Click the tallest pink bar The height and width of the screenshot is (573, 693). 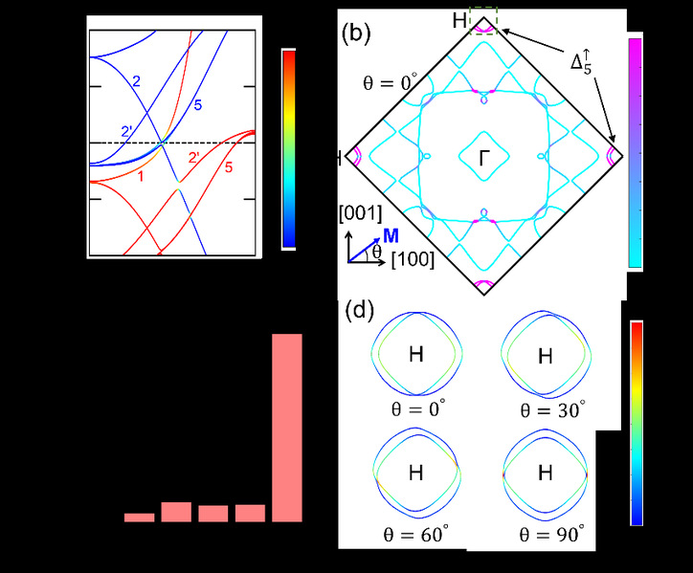[x=287, y=428]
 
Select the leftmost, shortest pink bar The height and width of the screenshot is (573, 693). [x=139, y=518]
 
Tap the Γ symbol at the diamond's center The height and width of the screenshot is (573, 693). [x=484, y=158]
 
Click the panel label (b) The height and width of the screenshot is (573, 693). [x=356, y=33]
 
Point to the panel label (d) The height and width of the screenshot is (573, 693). [x=359, y=310]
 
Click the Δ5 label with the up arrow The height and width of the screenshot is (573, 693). [x=581, y=62]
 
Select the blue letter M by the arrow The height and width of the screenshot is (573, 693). [x=391, y=236]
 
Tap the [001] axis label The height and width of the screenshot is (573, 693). [x=360, y=214]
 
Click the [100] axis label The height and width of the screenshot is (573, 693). [x=413, y=259]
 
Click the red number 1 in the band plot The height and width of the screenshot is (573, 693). [x=141, y=177]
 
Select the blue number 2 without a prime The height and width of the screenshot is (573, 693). [x=137, y=81]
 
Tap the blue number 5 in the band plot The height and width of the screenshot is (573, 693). [x=197, y=105]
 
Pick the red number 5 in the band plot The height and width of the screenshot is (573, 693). [x=229, y=167]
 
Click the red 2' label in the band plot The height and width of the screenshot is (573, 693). [x=194, y=157]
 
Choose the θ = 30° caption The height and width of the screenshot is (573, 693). [x=552, y=410]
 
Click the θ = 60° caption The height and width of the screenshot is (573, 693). [x=415, y=535]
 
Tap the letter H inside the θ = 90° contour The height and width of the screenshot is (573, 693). [x=546, y=474]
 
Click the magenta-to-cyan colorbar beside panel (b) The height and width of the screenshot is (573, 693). [x=636, y=153]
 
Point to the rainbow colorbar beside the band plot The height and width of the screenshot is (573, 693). [x=289, y=149]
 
